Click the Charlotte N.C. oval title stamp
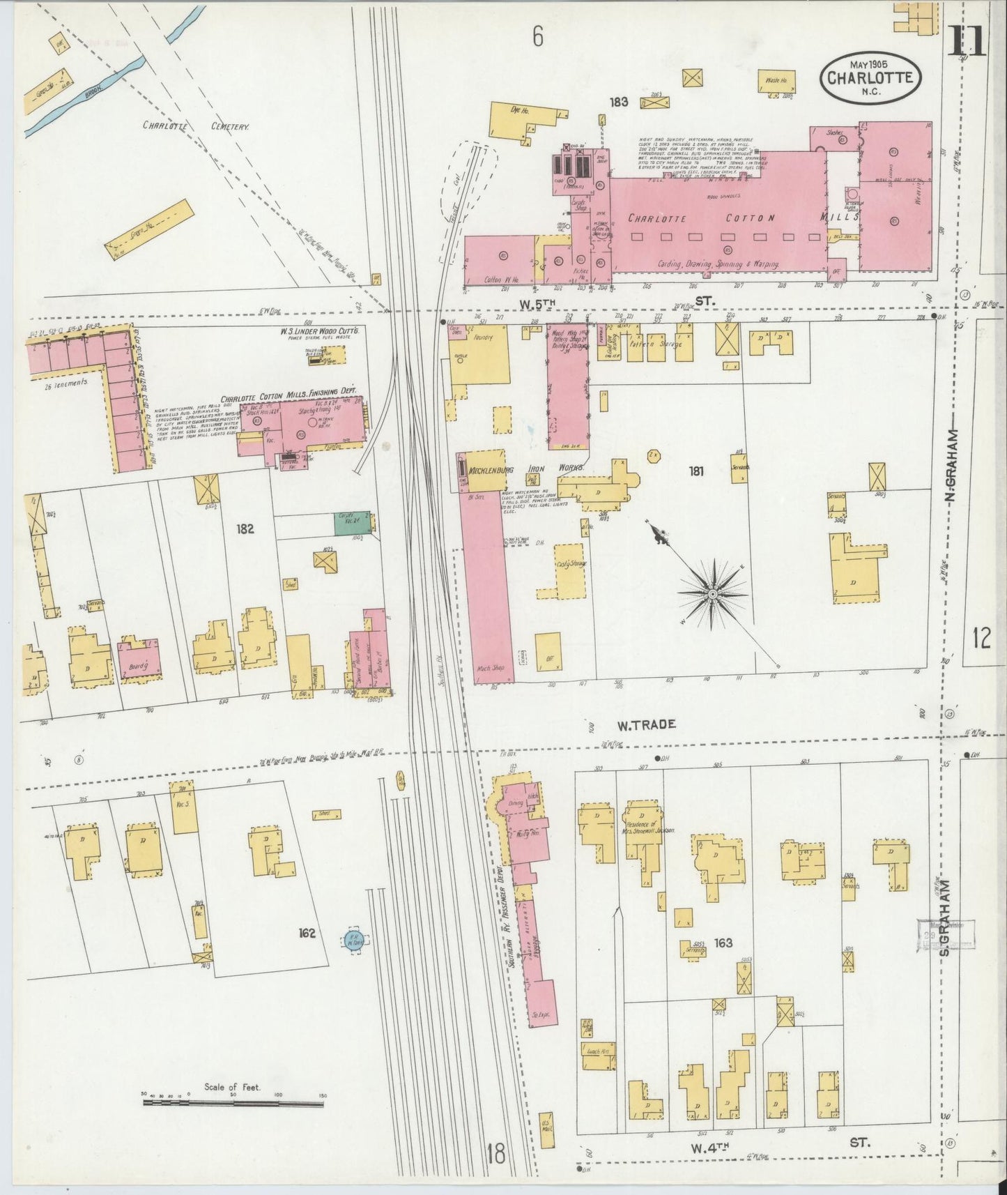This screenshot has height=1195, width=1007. [870, 77]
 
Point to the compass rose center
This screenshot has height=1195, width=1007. [713, 593]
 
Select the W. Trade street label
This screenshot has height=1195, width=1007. [646, 724]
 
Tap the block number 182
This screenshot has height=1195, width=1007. [245, 529]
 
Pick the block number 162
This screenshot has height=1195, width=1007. [307, 933]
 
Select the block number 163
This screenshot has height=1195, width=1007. [723, 943]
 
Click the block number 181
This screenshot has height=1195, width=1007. [695, 471]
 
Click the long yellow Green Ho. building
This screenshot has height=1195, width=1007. [148, 229]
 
